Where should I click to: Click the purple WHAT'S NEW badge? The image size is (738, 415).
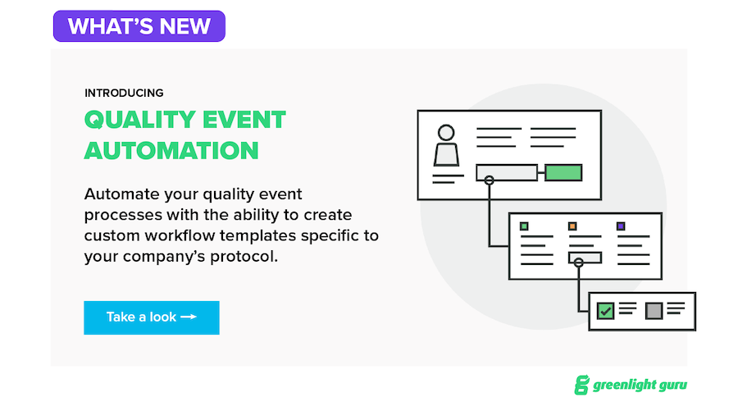point(139,26)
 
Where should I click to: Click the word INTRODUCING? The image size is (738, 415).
point(123,93)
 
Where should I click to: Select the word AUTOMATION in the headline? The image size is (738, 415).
point(171,151)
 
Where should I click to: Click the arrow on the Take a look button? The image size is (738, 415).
point(188,317)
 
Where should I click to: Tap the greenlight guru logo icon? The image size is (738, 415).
point(582,385)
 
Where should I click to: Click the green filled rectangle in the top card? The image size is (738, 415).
point(563,172)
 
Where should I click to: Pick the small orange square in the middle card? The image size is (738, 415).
point(572,226)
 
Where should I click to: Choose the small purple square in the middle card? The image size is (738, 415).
point(620,226)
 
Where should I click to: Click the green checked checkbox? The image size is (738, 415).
point(605,311)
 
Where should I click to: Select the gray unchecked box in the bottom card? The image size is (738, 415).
point(654,311)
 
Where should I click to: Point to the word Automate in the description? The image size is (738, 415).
point(119,194)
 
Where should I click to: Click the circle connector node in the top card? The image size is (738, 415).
point(489,180)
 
